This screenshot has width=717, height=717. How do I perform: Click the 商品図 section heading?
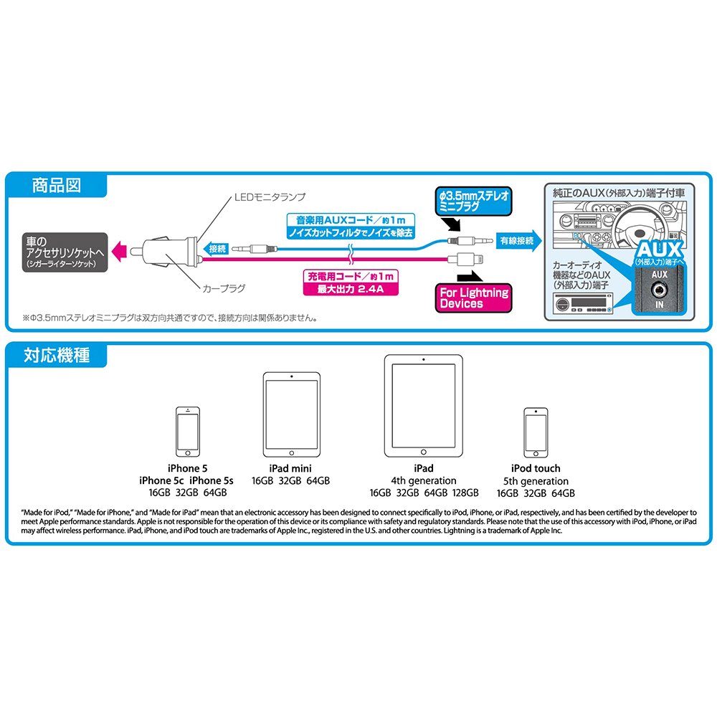56,186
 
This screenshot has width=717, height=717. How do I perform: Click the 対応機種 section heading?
57,356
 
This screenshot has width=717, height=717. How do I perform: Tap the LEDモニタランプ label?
270,197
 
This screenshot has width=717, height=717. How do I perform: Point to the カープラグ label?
224,288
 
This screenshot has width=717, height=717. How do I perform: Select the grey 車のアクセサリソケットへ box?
65,252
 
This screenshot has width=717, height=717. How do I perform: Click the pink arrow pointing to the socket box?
119,252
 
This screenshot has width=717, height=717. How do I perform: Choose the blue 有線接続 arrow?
518,240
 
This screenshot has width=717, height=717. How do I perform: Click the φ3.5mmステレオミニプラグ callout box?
473,201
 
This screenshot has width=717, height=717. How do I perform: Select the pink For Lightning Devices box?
473,298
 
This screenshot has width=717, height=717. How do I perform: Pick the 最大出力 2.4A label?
351,289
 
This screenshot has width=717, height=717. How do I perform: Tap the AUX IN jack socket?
659,290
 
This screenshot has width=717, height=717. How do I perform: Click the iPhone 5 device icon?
188,432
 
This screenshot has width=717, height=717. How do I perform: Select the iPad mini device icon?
292,414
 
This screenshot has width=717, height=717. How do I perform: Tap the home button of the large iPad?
424,452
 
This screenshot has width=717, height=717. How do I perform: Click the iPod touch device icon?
536,432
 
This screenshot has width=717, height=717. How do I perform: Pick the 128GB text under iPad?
465,493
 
